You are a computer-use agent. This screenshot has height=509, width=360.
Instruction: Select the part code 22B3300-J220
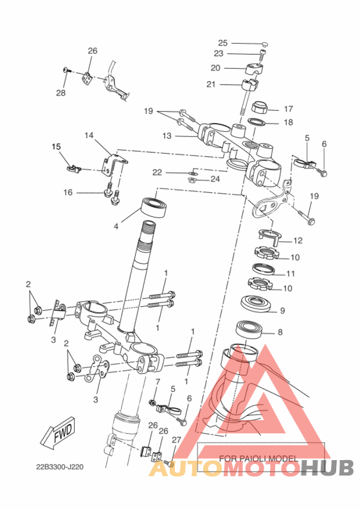tap(60, 467)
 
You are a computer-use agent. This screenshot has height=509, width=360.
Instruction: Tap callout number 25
tap(223, 43)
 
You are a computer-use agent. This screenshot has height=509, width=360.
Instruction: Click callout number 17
tap(288, 109)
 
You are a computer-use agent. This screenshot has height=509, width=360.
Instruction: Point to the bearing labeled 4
tap(155, 207)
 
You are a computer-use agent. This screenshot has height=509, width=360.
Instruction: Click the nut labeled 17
tap(260, 107)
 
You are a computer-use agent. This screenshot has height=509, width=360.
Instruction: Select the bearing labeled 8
tap(249, 329)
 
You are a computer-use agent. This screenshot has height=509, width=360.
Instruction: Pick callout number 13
tap(166, 136)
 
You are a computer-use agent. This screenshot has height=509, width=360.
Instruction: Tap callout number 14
tap(89, 135)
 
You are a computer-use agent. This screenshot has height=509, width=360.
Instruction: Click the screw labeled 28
tap(66, 69)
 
